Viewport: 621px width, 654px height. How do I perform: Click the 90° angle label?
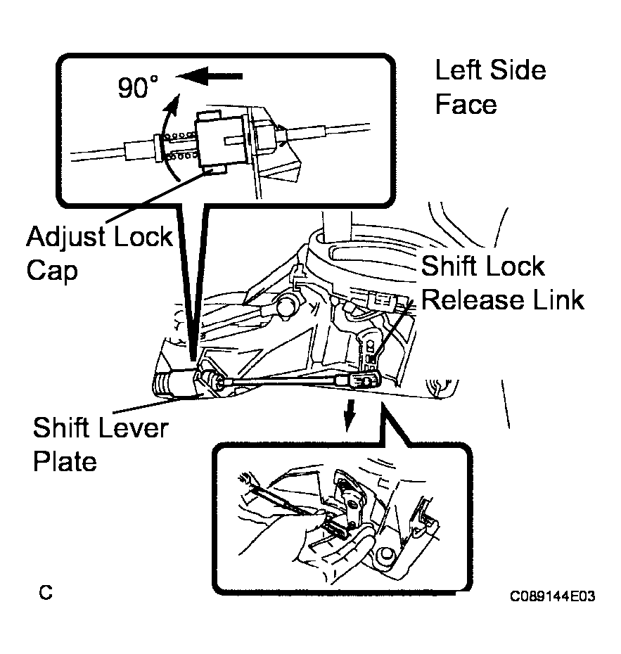coord(138,87)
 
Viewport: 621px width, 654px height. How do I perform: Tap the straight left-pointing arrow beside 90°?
coord(210,76)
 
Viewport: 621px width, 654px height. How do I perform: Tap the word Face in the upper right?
coord(466,104)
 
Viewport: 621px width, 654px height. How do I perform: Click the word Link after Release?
coord(559,300)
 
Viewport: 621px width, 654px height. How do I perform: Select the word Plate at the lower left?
coord(65,461)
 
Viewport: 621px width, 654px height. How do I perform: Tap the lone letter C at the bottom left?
coord(46,592)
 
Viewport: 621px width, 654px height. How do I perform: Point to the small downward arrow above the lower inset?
coord(350,414)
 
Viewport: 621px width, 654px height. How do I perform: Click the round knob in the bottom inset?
coord(385,556)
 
